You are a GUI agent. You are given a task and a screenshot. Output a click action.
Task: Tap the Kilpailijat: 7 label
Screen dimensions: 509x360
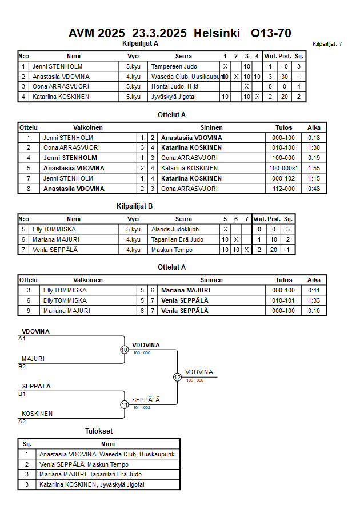[327, 43]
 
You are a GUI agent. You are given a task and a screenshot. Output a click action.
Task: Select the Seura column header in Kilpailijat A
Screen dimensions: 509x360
[183, 56]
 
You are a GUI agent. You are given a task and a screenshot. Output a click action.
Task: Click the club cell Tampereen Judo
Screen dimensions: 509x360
[174, 66]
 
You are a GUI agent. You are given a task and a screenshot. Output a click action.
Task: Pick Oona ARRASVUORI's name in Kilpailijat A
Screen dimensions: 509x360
[61, 86]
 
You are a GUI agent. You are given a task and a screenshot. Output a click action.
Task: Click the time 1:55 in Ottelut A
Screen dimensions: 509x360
[314, 168]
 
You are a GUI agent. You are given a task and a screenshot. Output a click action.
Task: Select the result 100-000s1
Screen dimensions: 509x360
[284, 168]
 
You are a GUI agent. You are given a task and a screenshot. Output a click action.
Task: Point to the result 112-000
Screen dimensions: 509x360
[284, 188]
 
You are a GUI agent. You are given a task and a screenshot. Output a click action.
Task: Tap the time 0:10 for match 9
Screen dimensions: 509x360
[314, 311]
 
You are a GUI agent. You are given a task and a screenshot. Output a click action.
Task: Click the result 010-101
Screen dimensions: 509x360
[284, 300]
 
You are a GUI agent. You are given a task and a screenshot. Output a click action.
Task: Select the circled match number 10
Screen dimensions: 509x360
[124, 350]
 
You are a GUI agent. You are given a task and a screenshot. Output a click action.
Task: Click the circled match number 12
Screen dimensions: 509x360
[177, 377]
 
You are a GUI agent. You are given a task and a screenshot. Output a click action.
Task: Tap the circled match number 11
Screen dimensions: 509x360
[124, 404]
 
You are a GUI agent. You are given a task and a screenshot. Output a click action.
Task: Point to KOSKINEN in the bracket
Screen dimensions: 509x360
[37, 414]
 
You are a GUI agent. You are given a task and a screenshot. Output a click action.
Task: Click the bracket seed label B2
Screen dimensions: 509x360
[22, 366]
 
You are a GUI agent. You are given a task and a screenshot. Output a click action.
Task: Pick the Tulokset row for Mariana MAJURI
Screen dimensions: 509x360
[90, 474]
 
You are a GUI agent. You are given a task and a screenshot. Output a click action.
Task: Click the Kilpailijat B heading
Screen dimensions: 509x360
[134, 207]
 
